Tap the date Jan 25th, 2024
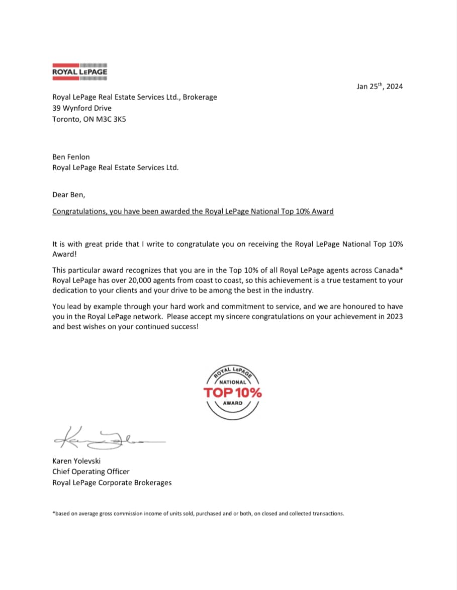click(380, 86)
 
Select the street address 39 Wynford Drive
click(82, 108)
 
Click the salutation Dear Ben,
click(68, 194)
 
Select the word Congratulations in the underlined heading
click(79, 211)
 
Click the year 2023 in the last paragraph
click(393, 317)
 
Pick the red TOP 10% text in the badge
click(232, 393)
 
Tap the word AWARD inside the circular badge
click(232, 403)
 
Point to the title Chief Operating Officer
click(91, 472)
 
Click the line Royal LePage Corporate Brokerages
click(112, 483)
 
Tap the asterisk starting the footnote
click(54, 513)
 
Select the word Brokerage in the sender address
click(200, 97)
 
